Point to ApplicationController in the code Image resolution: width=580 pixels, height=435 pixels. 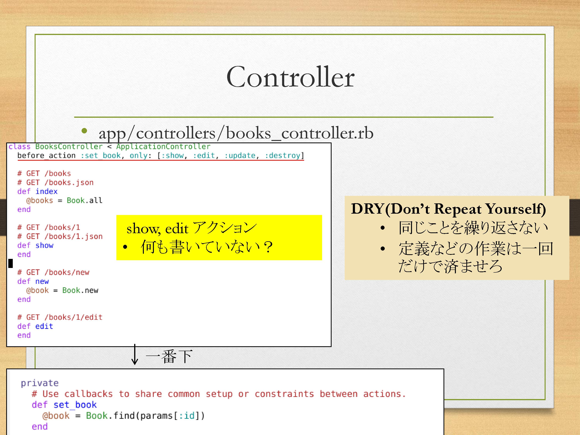pyautogui.click(x=163, y=147)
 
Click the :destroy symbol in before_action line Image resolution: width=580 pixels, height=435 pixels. pyautogui.click(x=282, y=155)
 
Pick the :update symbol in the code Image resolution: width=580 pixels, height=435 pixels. pyautogui.click(x=240, y=155)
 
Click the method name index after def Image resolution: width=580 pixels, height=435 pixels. pyautogui.click(x=46, y=191)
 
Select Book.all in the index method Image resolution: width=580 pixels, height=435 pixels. pyautogui.click(x=84, y=200)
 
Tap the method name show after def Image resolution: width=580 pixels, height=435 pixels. pyautogui.click(x=44, y=245)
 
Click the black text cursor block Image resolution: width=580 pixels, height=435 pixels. pyautogui.click(x=11, y=263)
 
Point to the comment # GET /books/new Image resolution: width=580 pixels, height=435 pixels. pyautogui.click(x=53, y=272)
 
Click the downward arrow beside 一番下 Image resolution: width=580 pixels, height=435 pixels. pyautogui.click(x=135, y=354)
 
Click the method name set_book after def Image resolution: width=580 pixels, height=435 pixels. pyautogui.click(x=75, y=405)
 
